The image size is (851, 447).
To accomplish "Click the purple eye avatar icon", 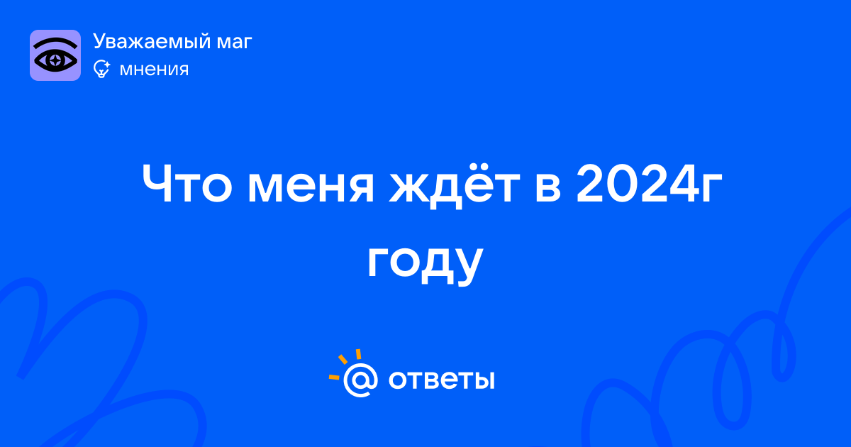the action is [x=55, y=55].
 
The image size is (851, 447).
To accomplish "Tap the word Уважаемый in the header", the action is [x=152, y=42].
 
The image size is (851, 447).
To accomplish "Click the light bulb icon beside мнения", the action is [x=101, y=69].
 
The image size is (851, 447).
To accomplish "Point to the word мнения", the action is [x=154, y=70].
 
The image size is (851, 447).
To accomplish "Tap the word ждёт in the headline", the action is [x=454, y=186].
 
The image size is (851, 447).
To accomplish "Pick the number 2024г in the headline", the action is [x=649, y=184].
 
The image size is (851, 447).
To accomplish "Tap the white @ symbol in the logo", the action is [x=360, y=380].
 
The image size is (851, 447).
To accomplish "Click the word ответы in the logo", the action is [x=441, y=380].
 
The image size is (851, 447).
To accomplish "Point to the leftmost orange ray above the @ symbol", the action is [x=334, y=377].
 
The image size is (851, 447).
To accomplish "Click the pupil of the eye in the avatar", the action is [x=55, y=60].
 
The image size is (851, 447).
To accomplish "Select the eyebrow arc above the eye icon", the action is [x=55, y=42].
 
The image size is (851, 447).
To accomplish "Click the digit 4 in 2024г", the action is [x=684, y=184].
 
